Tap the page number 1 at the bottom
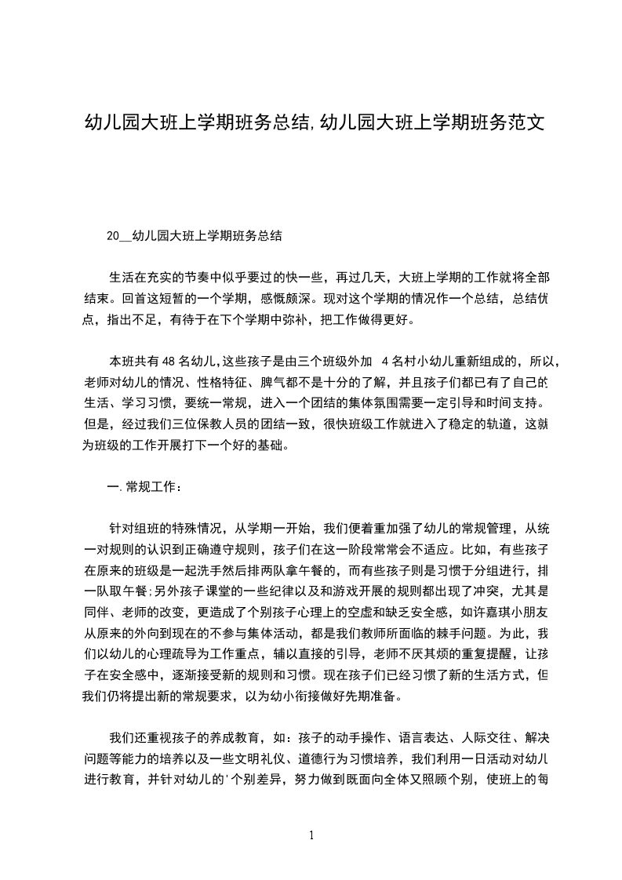point(311,835)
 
